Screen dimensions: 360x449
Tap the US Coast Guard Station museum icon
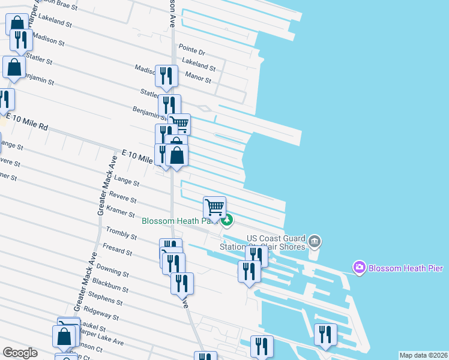tap(315, 242)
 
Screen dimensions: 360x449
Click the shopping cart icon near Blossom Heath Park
tap(215, 208)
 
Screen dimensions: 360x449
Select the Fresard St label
tap(117, 250)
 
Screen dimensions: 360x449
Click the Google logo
tap(20, 353)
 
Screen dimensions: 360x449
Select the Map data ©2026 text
tap(423, 355)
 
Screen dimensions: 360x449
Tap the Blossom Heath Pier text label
tap(402, 268)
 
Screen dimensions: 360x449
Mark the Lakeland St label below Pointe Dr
tap(198, 65)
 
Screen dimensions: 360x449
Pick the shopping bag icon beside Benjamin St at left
tap(14, 68)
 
